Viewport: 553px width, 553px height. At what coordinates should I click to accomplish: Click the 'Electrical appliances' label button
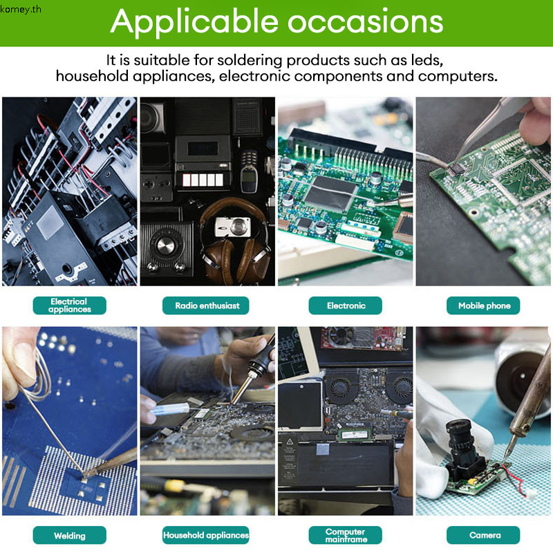click(70, 306)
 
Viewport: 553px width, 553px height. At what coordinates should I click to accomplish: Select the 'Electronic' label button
click(345, 306)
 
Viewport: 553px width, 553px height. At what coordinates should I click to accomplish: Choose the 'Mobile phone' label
click(483, 306)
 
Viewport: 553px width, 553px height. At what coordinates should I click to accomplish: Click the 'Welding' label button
click(70, 535)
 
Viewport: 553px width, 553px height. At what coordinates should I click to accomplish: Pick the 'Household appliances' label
click(205, 535)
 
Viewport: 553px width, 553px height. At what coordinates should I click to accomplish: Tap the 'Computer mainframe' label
click(345, 535)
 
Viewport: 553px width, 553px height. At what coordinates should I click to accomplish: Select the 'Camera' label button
click(483, 535)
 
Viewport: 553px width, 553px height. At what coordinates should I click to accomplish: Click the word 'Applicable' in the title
click(195, 23)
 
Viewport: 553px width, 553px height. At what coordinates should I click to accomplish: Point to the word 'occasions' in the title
click(366, 22)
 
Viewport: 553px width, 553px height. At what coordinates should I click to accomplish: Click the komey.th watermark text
click(21, 9)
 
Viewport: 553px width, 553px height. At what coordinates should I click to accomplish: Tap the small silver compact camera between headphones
click(233, 227)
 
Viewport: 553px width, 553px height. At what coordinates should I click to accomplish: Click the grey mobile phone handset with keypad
click(249, 171)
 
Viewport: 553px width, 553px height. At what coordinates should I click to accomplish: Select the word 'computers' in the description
click(458, 77)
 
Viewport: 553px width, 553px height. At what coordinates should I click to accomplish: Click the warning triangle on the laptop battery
click(290, 441)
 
